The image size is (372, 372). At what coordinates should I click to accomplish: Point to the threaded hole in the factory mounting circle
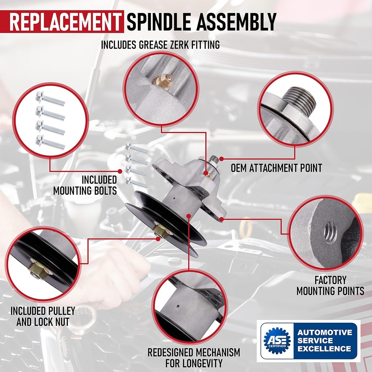point(330,232)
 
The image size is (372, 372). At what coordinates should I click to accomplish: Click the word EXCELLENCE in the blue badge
point(324,349)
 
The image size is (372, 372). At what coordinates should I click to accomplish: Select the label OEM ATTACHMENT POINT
point(276,168)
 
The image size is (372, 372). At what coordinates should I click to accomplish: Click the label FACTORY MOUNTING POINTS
point(330,286)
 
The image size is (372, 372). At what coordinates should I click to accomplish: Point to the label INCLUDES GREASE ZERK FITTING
point(160,45)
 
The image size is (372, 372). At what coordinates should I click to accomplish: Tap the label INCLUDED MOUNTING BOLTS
point(85,185)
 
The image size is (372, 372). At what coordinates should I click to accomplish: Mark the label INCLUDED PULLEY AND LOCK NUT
point(43,316)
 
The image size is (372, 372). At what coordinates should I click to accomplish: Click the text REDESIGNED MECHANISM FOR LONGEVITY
point(193,357)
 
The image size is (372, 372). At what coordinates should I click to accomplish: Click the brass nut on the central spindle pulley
point(160,230)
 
